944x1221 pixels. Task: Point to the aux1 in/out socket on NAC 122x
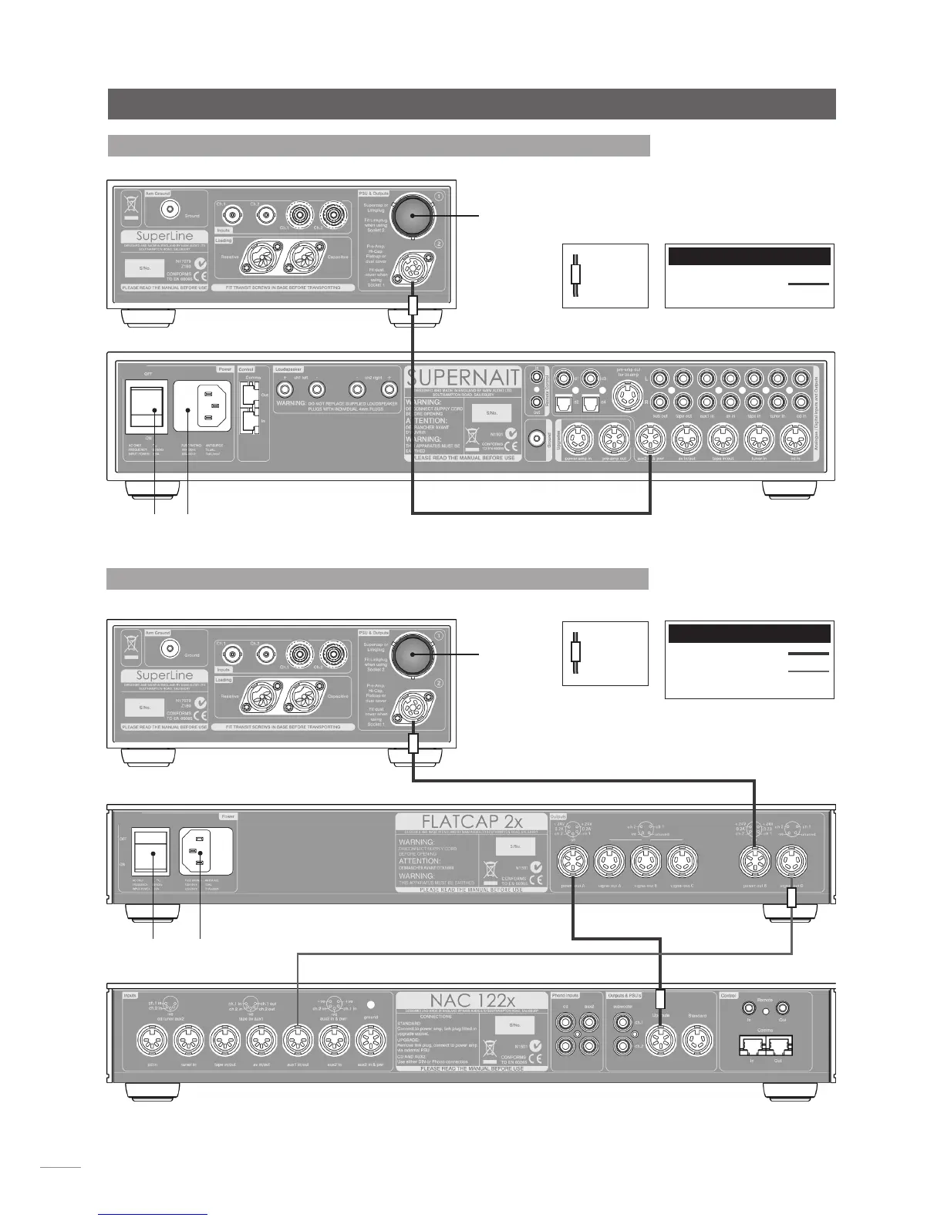(x=297, y=1044)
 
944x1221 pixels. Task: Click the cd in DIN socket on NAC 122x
(x=151, y=1044)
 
